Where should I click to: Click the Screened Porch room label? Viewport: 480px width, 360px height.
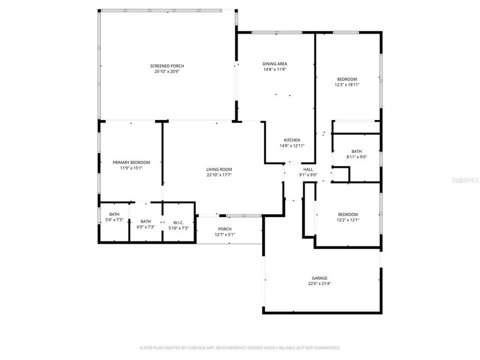[x=167, y=66]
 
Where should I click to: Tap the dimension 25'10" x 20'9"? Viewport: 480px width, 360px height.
[x=167, y=72]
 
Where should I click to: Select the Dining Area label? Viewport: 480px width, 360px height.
[x=275, y=63]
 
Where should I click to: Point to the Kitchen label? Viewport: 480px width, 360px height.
[x=292, y=140]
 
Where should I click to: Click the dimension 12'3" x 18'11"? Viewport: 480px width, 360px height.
[x=347, y=85]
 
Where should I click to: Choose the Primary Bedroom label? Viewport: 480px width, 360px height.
[x=131, y=162]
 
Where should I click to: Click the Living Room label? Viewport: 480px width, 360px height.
[x=219, y=169]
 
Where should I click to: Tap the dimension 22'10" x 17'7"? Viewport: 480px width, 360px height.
[x=219, y=175]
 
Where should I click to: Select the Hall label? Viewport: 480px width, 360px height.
[x=308, y=169]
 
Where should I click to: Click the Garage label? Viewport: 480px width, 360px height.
[x=320, y=278]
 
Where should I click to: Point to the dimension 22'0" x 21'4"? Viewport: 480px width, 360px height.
[x=320, y=283]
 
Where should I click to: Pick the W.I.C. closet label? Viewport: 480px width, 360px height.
[x=178, y=221]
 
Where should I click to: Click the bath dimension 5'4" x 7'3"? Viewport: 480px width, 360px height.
[x=114, y=219]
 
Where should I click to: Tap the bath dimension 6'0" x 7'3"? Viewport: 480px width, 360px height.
[x=145, y=227]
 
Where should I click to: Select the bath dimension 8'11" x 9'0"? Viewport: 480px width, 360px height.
[x=356, y=157]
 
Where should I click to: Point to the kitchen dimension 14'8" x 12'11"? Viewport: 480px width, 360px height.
[x=292, y=146]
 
